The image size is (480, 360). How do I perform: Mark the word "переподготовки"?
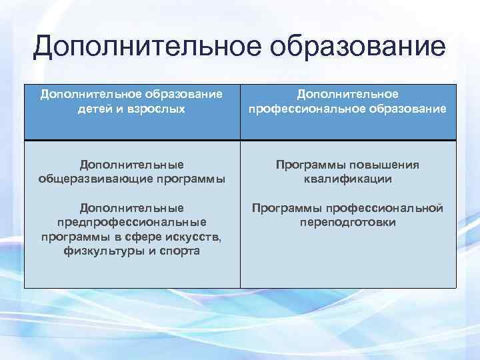pyautogui.click(x=347, y=222)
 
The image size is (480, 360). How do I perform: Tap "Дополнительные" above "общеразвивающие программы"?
pyautogui.click(x=131, y=164)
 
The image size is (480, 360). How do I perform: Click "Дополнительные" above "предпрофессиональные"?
pyautogui.click(x=131, y=208)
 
